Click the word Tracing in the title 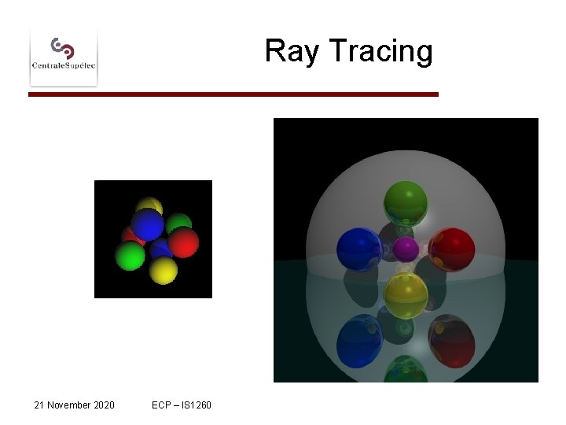[380, 51]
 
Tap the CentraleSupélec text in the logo [64, 66]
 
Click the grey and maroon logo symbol [63, 46]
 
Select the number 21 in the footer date [40, 405]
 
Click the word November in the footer [70, 405]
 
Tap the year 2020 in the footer [104, 405]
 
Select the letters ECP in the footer [162, 405]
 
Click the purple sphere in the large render [406, 249]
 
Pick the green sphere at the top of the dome [406, 203]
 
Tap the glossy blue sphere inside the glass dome [359, 249]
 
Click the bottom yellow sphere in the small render [164, 270]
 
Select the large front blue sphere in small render [150, 224]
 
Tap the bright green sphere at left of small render [130, 256]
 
